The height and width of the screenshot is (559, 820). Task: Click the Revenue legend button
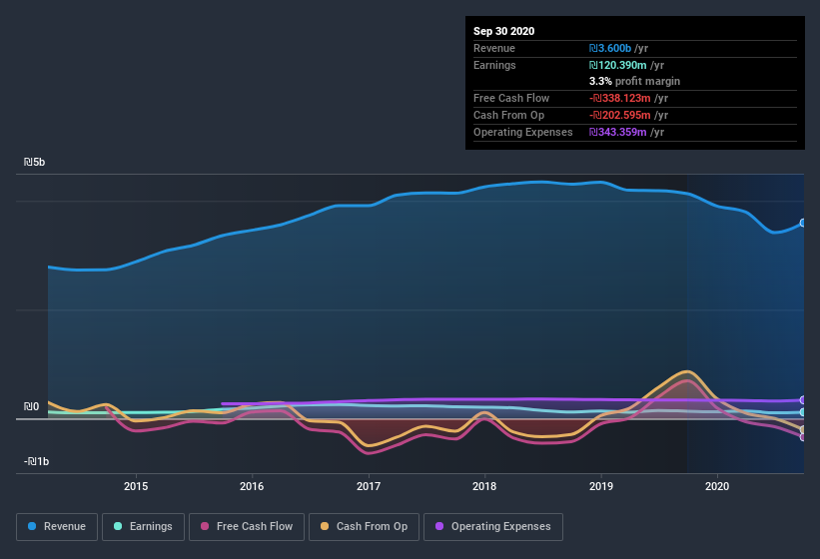point(56,526)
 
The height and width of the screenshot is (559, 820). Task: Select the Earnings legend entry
point(143,526)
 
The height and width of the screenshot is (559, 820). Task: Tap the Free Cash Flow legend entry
point(247,526)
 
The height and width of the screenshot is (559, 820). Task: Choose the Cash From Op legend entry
point(365,526)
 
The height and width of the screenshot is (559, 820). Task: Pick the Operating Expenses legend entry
point(493,526)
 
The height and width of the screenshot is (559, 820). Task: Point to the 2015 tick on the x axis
point(136,486)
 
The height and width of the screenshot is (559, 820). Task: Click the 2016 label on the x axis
point(252,486)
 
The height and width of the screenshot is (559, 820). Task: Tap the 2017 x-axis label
point(369,486)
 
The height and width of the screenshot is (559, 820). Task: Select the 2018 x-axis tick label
point(484,486)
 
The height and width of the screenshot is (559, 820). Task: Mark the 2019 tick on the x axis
point(601,486)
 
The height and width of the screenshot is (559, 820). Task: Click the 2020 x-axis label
point(717,486)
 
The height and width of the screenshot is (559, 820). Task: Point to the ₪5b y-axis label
point(35,162)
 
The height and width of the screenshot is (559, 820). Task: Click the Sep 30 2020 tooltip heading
point(504,31)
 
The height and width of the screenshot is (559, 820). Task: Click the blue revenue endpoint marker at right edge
point(803,224)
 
